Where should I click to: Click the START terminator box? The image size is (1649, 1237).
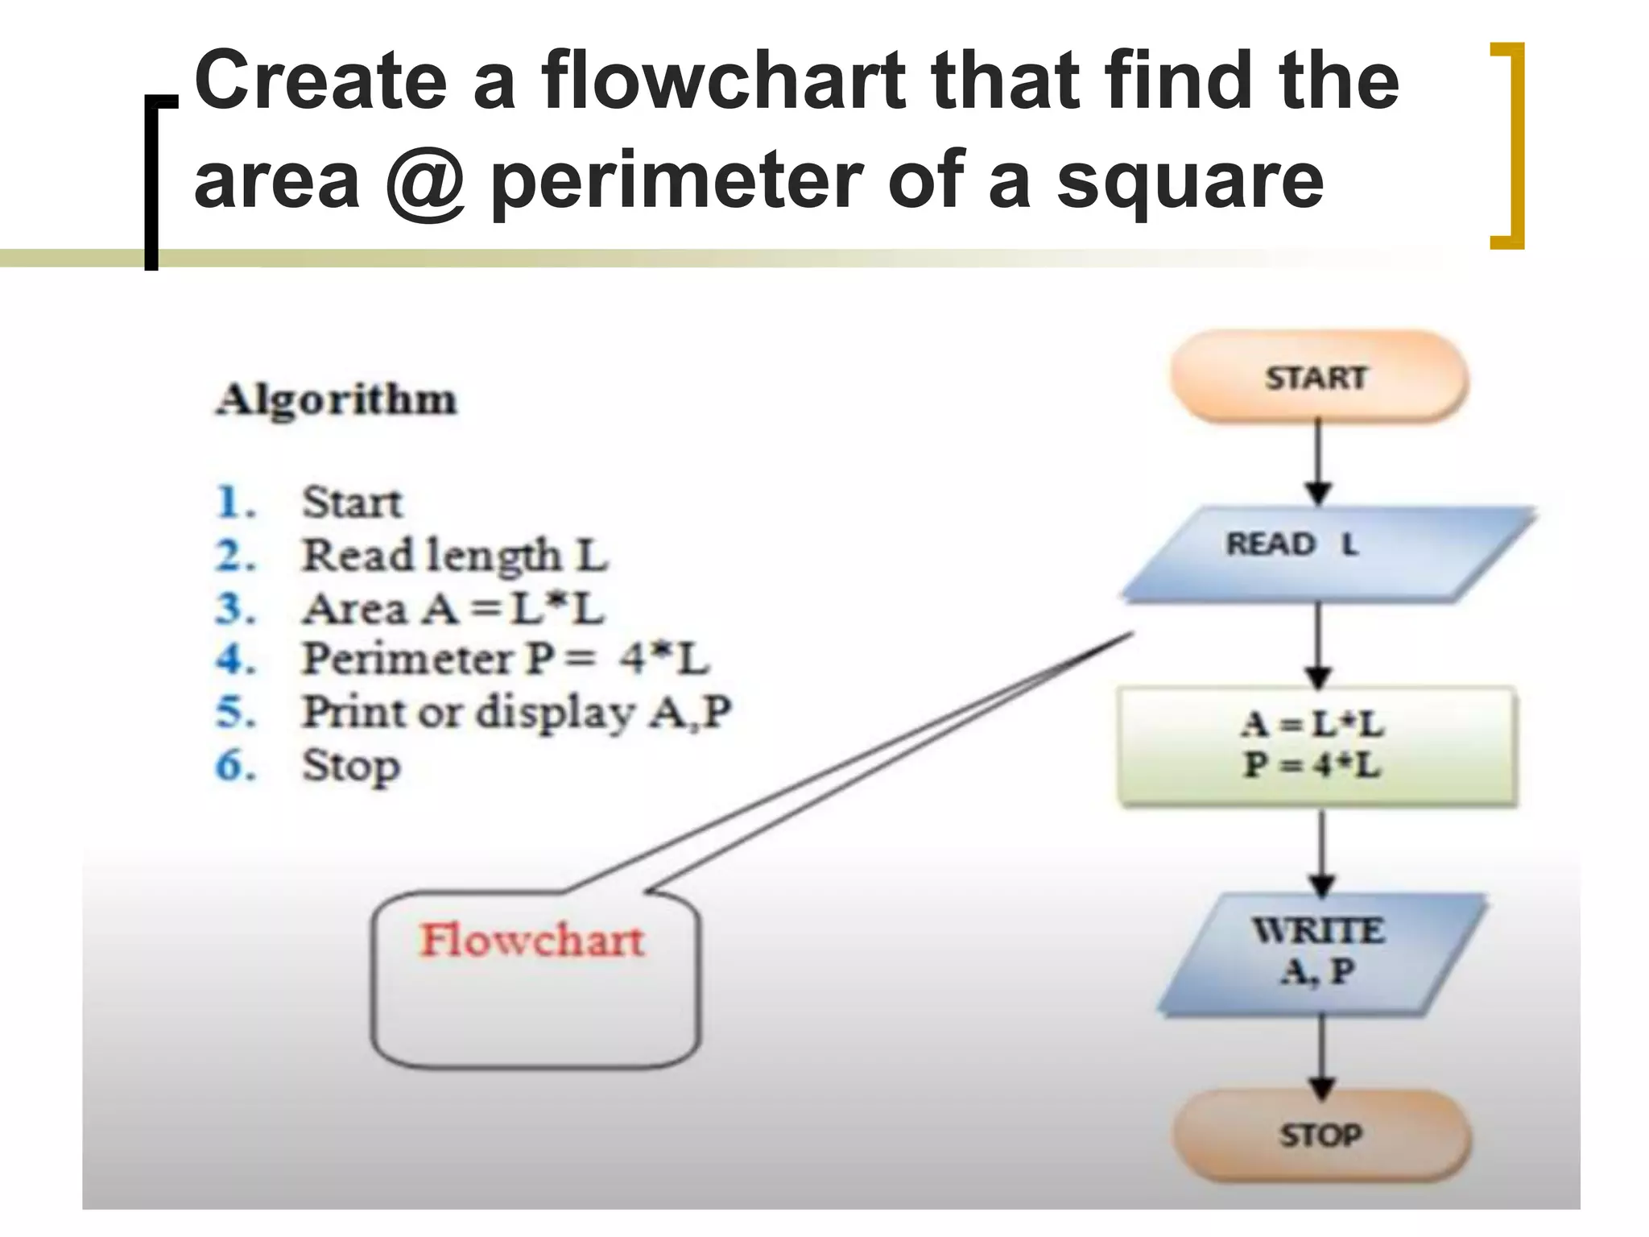point(1317,377)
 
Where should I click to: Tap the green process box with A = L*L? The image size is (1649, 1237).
point(1317,746)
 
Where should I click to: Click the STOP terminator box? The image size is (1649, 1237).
point(1320,1136)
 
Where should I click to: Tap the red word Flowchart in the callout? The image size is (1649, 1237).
point(532,941)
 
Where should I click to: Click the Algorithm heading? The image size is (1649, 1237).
point(337,399)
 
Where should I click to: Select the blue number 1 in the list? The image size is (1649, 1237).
point(234,503)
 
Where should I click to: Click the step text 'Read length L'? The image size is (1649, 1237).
point(455,556)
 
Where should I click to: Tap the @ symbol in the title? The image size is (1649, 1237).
point(425,181)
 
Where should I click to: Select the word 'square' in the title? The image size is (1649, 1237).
point(1190,181)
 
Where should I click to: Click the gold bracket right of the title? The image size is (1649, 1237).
point(1509,145)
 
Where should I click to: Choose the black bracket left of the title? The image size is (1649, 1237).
point(153,181)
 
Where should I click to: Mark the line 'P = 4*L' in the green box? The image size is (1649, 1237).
point(1312,766)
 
